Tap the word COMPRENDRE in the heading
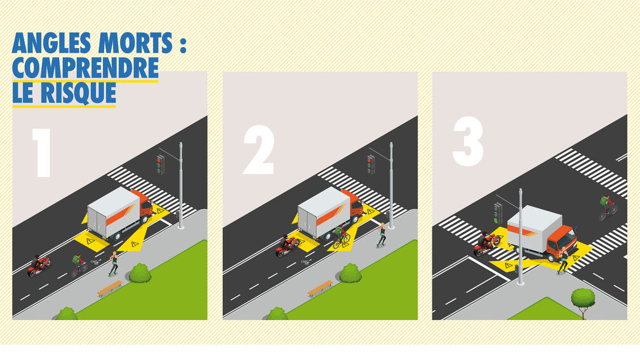pyautogui.click(x=85, y=68)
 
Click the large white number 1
pyautogui.click(x=42, y=152)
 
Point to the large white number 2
pyautogui.click(x=258, y=150)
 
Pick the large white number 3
pyautogui.click(x=468, y=141)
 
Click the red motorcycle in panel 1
pyautogui.click(x=39, y=265)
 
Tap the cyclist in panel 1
pyautogui.click(x=79, y=265)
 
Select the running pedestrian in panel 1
pyautogui.click(x=114, y=263)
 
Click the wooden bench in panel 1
pyautogui.click(x=110, y=288)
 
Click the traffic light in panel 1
pyautogui.click(x=161, y=164)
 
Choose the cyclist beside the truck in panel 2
pyautogui.click(x=341, y=237)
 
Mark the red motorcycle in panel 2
pyautogui.click(x=288, y=246)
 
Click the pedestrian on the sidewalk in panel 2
pyautogui.click(x=382, y=235)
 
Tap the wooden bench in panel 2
pyautogui.click(x=320, y=288)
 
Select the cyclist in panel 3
pyautogui.click(x=608, y=208)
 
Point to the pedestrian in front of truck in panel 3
pyautogui.click(x=563, y=260)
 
